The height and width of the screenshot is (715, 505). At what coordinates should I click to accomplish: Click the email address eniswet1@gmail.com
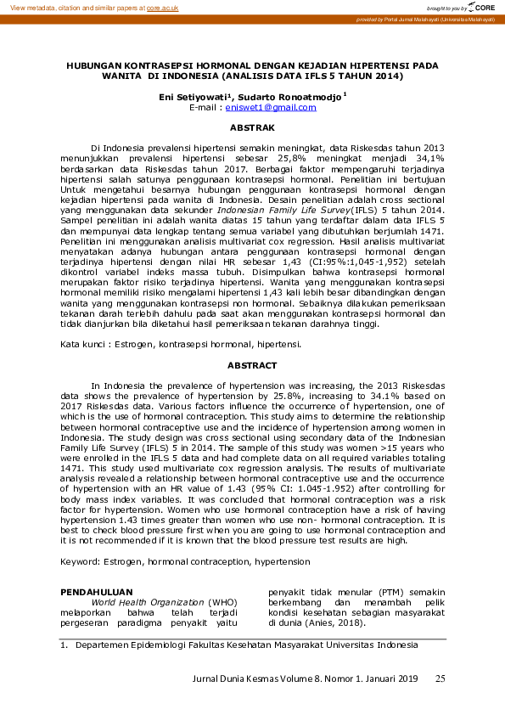(x=270, y=108)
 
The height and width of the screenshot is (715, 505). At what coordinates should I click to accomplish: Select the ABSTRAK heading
(x=252, y=127)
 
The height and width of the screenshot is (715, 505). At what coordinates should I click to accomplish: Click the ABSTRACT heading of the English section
(x=252, y=365)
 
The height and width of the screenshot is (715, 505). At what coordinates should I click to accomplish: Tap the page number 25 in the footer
(x=440, y=678)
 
